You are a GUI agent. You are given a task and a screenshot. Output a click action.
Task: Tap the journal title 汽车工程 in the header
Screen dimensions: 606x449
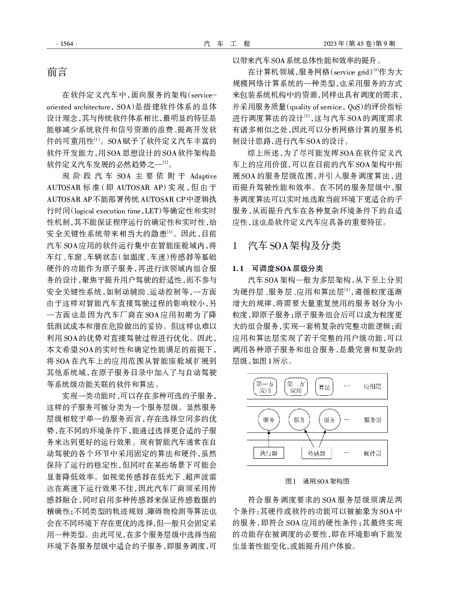point(227,44)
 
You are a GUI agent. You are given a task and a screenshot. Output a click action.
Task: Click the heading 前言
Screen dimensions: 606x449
point(57,72)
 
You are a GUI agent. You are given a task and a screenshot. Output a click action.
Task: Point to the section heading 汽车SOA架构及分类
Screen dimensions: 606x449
point(294,245)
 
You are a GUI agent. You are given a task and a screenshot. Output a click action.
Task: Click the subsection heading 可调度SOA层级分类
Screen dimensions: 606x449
point(287,268)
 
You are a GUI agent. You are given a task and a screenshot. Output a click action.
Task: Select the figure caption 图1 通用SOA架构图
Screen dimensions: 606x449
point(317,481)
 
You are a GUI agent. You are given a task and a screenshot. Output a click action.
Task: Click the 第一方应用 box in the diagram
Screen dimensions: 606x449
point(265,387)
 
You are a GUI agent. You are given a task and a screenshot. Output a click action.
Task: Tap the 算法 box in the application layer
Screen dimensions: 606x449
point(324,387)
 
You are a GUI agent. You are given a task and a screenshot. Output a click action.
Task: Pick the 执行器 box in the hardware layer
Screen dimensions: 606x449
point(269,453)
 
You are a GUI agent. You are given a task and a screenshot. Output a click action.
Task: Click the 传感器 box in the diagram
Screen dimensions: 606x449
point(317,453)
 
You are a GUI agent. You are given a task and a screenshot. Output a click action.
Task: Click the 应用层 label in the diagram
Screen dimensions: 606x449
point(372,387)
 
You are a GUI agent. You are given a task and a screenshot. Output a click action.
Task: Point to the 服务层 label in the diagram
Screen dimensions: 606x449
point(372,420)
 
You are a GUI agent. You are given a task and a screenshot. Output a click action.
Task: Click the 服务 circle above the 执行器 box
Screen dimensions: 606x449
point(269,420)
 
